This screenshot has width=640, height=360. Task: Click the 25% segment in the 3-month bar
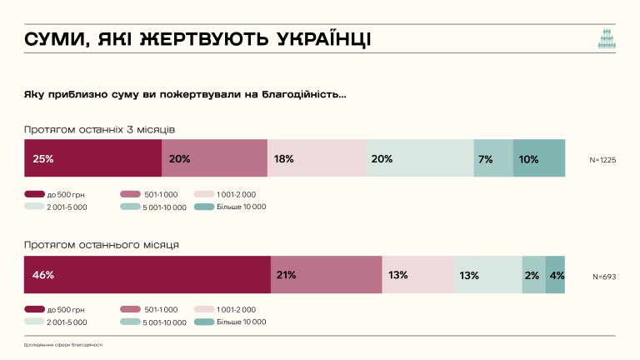click(92, 158)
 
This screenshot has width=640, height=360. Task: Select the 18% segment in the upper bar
click(317, 158)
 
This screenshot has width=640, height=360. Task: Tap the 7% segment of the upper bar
click(493, 158)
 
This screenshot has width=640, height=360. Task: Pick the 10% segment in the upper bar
click(538, 158)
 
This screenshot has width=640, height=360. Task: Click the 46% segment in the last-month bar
click(147, 275)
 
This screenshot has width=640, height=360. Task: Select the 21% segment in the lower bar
click(326, 275)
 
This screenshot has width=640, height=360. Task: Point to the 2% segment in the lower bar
click(533, 275)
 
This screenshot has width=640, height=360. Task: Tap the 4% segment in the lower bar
click(555, 275)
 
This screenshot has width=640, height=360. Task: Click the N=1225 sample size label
click(602, 159)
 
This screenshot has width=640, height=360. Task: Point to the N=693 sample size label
click(604, 276)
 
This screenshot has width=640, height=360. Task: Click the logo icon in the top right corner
click(607, 40)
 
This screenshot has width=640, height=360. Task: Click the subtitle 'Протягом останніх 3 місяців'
click(99, 129)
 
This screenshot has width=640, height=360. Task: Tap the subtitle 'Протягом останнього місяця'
click(101, 245)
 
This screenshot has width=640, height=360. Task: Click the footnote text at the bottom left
click(63, 344)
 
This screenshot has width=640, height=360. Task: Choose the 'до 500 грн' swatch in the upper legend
click(34, 194)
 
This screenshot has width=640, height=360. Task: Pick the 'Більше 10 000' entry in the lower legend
click(235, 322)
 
